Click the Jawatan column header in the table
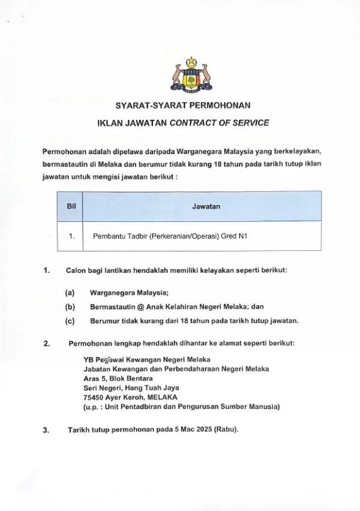click(x=206, y=206)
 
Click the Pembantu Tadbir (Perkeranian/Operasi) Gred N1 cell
click(x=170, y=236)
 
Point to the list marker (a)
click(x=70, y=293)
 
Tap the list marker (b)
click(x=70, y=306)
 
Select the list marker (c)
click(x=70, y=320)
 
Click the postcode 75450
click(x=94, y=396)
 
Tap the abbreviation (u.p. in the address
click(x=94, y=406)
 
